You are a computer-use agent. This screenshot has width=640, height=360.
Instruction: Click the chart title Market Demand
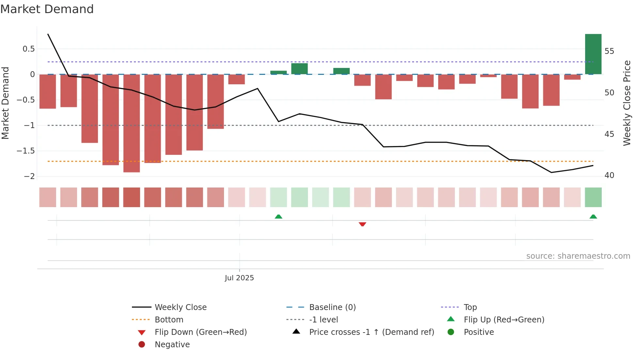tap(47, 9)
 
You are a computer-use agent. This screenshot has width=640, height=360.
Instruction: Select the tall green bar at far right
tap(593, 54)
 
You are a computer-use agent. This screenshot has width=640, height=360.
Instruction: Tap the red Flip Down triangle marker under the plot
tap(362, 224)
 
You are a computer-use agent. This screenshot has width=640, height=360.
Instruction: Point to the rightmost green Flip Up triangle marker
tap(593, 217)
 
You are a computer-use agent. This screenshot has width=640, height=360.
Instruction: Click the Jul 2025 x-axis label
tap(239, 278)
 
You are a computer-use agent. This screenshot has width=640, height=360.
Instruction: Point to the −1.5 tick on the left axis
tap(25, 151)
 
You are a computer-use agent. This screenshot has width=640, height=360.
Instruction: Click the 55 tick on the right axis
tap(609, 51)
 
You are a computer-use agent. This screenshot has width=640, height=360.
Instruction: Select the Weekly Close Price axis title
tap(627, 103)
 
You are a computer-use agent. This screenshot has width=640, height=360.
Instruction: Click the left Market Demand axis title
tap(5, 103)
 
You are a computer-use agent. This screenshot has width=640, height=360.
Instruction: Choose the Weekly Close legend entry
tap(180, 307)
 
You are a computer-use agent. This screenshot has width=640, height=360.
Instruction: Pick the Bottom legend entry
tap(169, 320)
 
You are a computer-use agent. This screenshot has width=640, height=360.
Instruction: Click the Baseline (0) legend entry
tap(332, 307)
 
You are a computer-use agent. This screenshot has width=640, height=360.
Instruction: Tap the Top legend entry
tap(470, 307)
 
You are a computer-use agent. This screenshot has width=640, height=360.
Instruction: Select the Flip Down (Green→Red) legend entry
tap(200, 332)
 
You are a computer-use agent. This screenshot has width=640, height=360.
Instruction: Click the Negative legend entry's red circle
tap(142, 344)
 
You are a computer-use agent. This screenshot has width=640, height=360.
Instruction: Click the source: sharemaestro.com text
tap(578, 256)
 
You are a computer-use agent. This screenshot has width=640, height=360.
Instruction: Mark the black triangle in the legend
tap(296, 332)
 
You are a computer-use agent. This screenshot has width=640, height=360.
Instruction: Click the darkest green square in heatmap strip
tap(593, 197)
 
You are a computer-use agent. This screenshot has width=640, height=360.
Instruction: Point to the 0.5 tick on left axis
tap(28, 49)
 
